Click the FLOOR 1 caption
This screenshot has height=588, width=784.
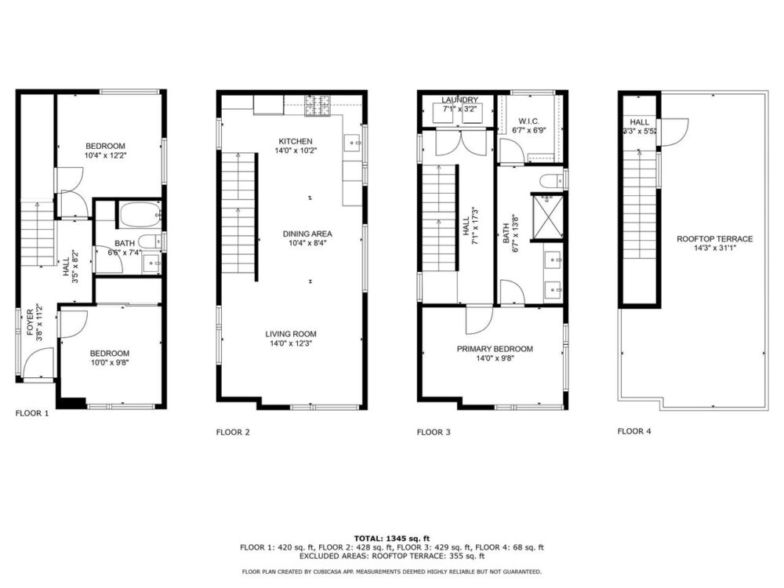[x=32, y=413]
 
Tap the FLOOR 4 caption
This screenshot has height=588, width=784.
[x=634, y=431]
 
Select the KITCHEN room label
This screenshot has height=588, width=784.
[x=296, y=141]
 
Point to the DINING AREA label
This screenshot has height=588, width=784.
[x=307, y=234]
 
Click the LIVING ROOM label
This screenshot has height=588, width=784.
[x=291, y=334]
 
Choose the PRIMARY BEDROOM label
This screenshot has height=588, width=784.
[x=495, y=349]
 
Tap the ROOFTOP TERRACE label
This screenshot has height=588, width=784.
[x=714, y=239]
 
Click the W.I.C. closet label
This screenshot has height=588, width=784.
[x=529, y=122]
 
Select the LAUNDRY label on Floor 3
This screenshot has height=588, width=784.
[x=459, y=100]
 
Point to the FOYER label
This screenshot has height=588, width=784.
[x=30, y=322]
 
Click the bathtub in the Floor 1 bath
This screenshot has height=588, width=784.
[x=140, y=215]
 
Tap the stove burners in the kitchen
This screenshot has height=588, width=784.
[x=318, y=106]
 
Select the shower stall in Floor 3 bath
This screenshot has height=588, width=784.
[x=547, y=217]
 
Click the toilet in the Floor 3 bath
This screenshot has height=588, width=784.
[x=553, y=180]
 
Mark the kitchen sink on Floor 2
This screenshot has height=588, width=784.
[x=353, y=143]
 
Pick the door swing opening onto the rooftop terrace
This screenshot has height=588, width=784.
[x=675, y=131]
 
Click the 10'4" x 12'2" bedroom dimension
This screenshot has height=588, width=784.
[x=106, y=155]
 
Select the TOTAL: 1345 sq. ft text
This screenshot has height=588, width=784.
[x=392, y=539]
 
